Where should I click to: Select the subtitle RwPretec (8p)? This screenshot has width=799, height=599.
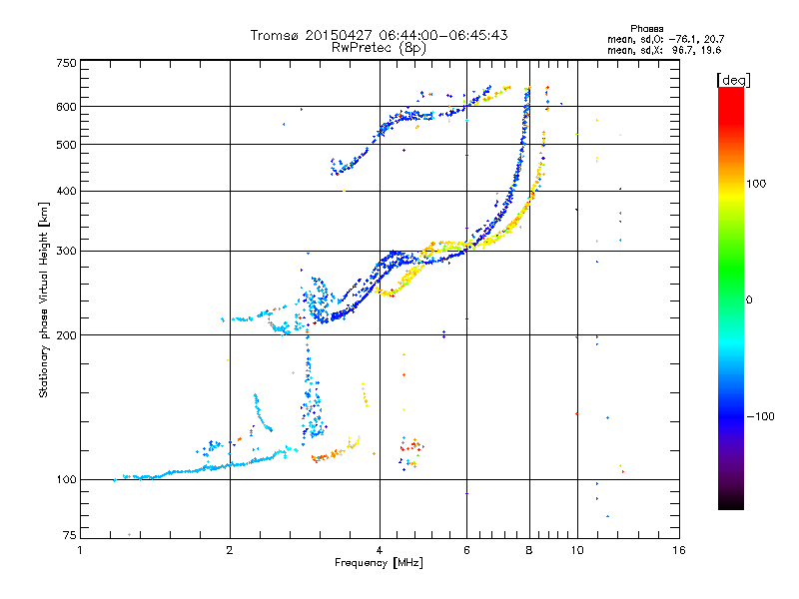click(x=379, y=48)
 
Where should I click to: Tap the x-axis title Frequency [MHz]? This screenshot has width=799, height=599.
click(x=379, y=563)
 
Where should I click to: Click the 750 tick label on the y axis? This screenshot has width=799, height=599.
click(x=66, y=63)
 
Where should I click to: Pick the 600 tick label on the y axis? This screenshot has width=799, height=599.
click(x=66, y=107)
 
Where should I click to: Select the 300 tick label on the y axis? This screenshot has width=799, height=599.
click(x=66, y=252)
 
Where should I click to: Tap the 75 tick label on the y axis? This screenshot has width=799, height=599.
click(x=70, y=535)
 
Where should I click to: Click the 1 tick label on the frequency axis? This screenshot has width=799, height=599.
click(x=80, y=550)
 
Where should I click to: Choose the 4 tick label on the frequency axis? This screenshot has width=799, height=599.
click(x=380, y=550)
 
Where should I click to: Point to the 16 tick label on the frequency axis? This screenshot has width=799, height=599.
click(x=679, y=550)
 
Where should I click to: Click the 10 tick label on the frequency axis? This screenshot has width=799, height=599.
click(x=577, y=550)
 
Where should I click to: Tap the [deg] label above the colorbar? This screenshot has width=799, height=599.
click(x=733, y=80)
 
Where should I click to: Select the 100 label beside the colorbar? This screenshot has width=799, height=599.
click(x=756, y=184)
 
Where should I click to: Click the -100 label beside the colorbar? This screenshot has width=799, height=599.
click(x=760, y=416)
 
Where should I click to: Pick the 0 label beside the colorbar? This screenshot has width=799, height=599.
click(x=749, y=300)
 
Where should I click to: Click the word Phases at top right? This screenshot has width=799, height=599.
click(x=647, y=29)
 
